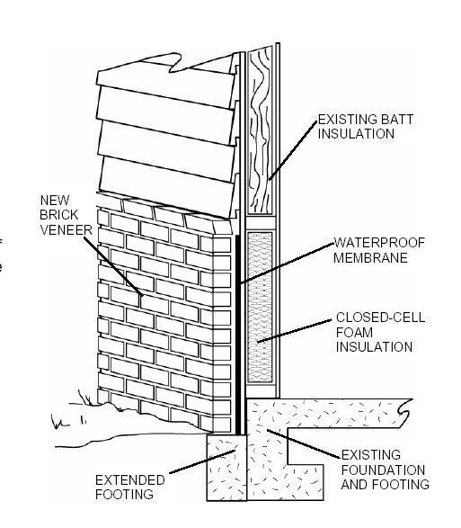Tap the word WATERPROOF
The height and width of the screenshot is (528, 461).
pyautogui.click(x=379, y=243)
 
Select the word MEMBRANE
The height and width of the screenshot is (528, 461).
pyautogui.click(x=370, y=257)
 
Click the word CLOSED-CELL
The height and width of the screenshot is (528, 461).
pyautogui.click(x=380, y=318)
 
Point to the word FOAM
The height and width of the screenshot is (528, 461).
pyautogui.click(x=354, y=332)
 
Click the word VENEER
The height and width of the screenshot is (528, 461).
pyautogui.click(x=66, y=229)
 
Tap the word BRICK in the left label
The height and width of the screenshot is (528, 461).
pyautogui.click(x=59, y=215)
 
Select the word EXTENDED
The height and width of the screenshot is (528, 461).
pyautogui.click(x=130, y=479)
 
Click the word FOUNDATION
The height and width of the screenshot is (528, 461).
pyautogui.click(x=383, y=470)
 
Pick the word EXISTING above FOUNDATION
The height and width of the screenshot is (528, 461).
pyautogui.click(x=371, y=454)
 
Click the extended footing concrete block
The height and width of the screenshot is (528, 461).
pyautogui.click(x=226, y=468)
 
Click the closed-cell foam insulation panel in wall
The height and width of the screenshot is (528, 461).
pyautogui.click(x=260, y=307)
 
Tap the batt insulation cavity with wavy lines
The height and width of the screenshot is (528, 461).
pyautogui.click(x=260, y=130)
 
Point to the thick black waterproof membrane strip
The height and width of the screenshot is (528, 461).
pyautogui.click(x=237, y=335)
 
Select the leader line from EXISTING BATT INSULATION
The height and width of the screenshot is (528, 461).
pyautogui.click(x=293, y=150)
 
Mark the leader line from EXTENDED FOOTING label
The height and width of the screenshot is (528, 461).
pyautogui.click(x=202, y=461)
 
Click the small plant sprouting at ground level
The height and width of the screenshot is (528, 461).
pyautogui.click(x=85, y=398)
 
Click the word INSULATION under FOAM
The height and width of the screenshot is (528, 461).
pyautogui.click(x=374, y=347)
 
